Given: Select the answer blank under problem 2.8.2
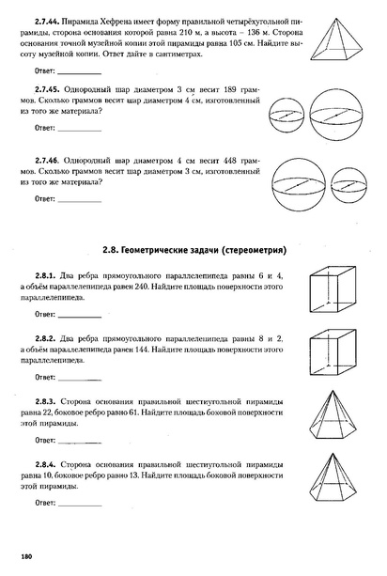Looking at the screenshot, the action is [x=81, y=376].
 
